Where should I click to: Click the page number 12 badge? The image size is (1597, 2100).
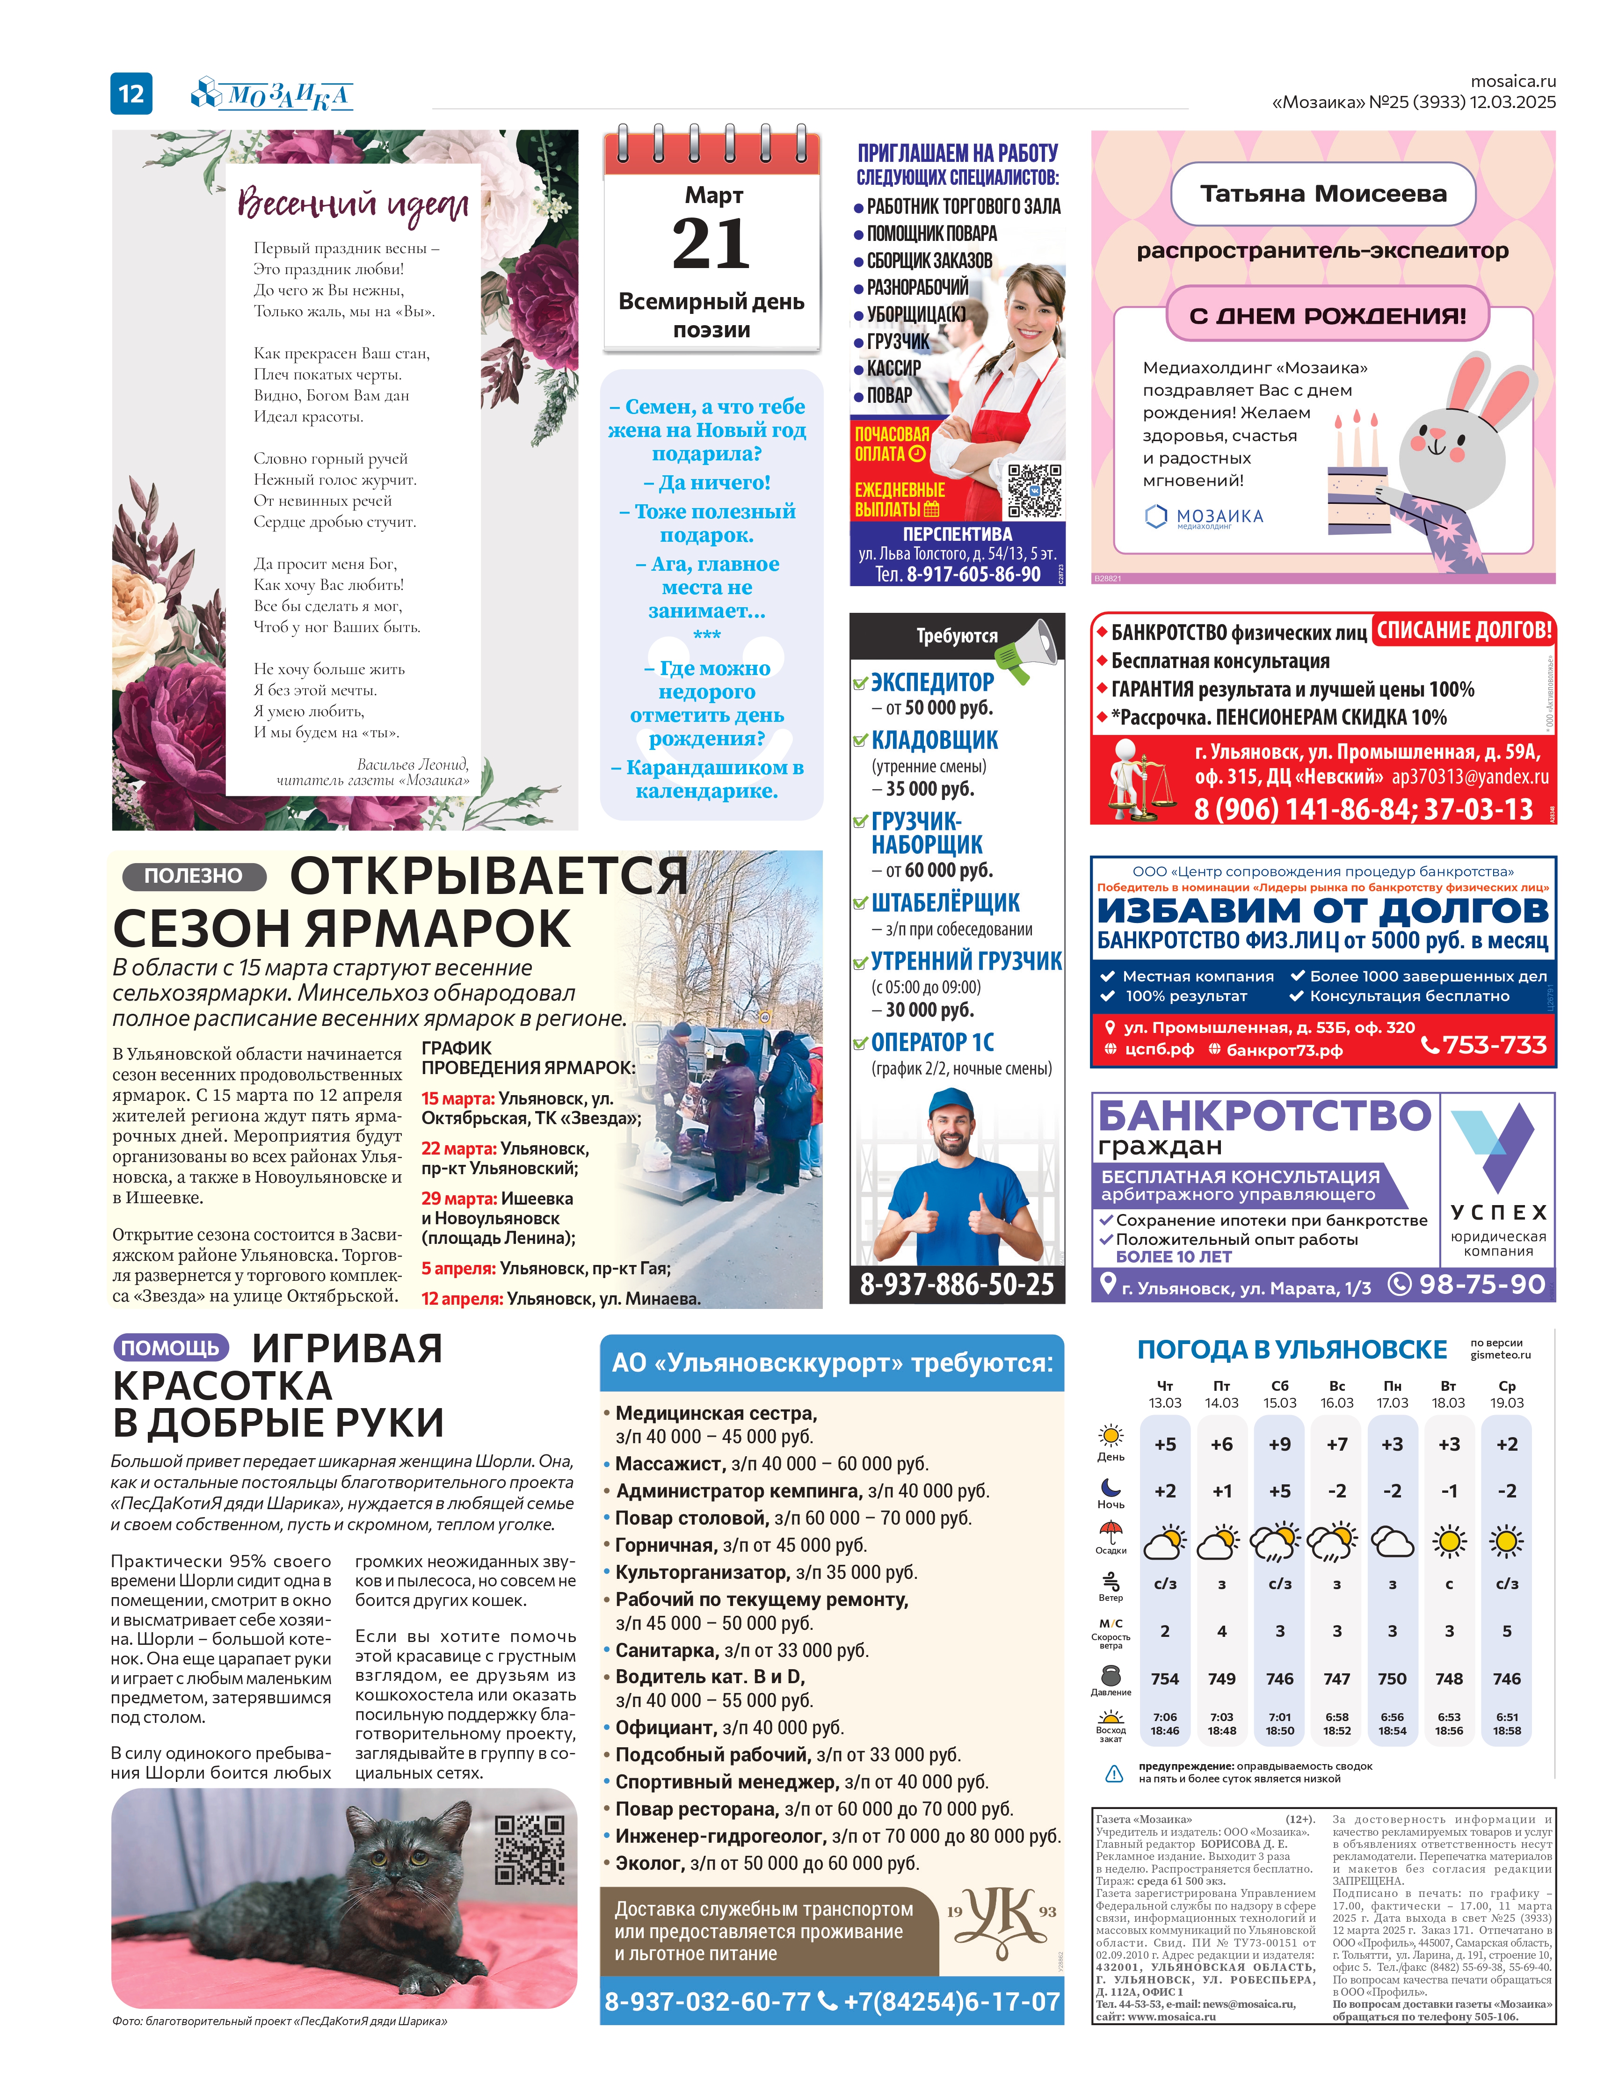click(131, 93)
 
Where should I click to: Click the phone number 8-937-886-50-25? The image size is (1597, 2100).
click(956, 1284)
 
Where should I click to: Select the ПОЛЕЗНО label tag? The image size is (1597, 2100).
click(193, 876)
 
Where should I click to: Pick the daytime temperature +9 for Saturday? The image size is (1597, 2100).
click(1279, 1444)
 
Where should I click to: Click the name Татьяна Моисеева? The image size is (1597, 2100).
click(1322, 194)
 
